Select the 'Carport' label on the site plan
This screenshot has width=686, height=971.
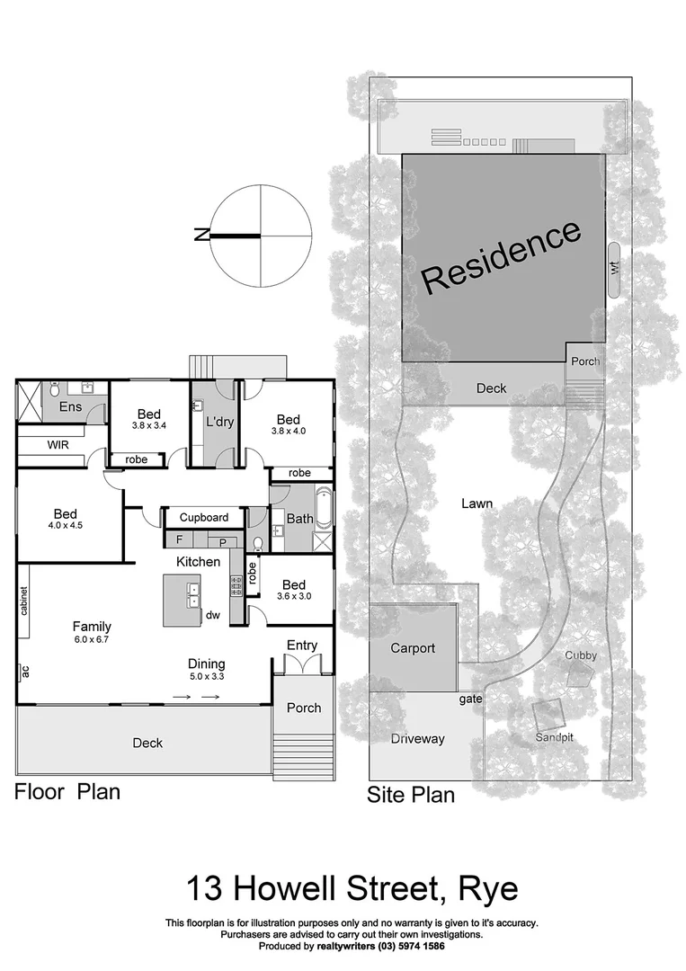coord(413,647)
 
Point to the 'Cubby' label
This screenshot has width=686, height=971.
coord(580,655)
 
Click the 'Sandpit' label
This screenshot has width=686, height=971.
coord(555,736)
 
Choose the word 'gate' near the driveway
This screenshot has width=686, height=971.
coord(470,699)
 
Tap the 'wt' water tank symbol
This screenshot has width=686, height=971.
coord(615,269)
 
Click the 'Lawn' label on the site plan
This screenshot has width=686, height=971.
coord(477,503)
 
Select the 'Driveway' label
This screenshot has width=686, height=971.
coord(417,739)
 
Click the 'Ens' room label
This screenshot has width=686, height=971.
coord(70,407)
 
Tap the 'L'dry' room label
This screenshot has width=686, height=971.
coord(220,422)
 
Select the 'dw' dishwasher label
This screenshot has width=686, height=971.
coord(213,616)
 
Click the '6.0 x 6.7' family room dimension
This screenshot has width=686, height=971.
coord(93,642)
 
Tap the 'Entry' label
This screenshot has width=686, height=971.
coord(302,646)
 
